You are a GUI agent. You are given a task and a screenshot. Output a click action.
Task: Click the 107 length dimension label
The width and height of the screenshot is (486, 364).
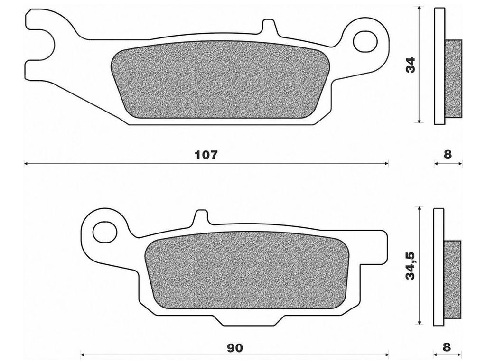pyautogui.click(x=206, y=155)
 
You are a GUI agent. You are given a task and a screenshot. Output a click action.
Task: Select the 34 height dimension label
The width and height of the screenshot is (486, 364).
pyautogui.click(x=410, y=65)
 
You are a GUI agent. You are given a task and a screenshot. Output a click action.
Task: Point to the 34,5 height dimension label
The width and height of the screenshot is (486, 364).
pyautogui.click(x=411, y=266)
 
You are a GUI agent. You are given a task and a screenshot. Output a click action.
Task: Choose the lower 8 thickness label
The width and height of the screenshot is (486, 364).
pyautogui.click(x=447, y=347)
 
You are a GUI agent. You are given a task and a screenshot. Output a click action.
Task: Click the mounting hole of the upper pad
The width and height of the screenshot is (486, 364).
pyautogui.click(x=365, y=41)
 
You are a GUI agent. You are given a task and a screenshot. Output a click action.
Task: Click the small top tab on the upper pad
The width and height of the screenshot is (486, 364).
pyautogui.click(x=269, y=26)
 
